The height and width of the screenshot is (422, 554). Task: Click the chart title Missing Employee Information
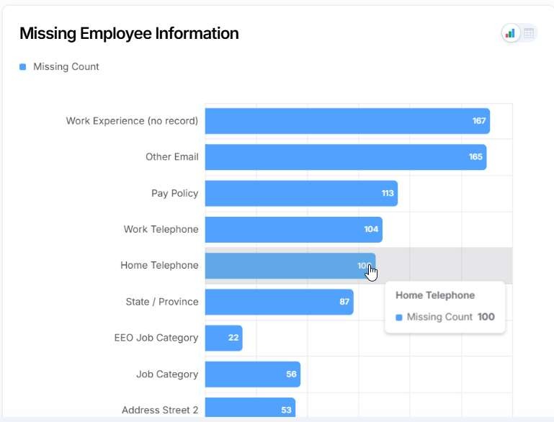129,34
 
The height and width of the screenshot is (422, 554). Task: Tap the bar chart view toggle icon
510,34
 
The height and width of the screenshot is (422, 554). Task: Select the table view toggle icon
529,34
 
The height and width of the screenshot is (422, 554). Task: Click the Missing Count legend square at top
22,67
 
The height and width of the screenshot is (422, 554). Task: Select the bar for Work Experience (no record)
347,121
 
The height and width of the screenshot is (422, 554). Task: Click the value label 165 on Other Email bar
475,157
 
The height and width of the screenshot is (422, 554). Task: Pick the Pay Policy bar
301,193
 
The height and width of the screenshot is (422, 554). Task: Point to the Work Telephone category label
161,229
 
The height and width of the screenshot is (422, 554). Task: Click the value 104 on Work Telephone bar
371,229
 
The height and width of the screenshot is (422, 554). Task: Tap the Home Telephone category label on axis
159,265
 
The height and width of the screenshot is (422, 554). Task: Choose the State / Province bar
279,302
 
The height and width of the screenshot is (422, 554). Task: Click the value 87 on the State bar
344,302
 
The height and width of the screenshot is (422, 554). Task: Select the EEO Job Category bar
223,338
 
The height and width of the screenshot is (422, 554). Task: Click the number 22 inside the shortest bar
233,338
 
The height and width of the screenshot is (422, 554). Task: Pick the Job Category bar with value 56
253,374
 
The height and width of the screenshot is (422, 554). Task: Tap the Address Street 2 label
160,410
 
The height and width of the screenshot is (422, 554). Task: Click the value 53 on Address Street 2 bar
286,410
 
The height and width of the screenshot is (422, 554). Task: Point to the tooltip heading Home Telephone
435,295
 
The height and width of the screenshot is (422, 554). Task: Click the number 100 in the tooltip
486,317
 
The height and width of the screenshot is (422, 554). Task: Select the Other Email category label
172,157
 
